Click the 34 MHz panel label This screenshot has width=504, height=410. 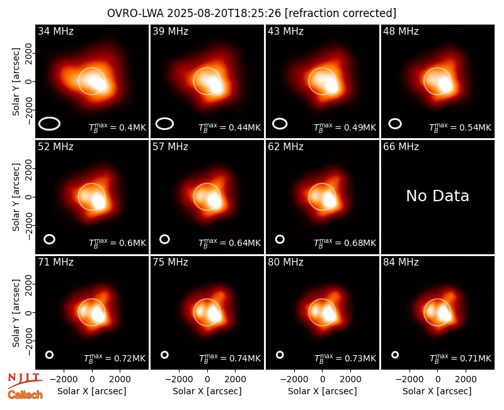point(55,31)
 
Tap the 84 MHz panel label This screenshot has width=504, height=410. point(401,262)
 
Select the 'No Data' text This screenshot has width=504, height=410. point(437,196)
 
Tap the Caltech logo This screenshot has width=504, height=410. point(25,395)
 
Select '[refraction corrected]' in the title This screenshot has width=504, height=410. point(341,13)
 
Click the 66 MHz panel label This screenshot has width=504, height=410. point(401,147)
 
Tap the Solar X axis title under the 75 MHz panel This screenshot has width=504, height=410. point(207,391)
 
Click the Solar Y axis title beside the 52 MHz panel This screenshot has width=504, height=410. point(16,197)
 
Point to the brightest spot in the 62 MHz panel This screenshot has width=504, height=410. point(329,200)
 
